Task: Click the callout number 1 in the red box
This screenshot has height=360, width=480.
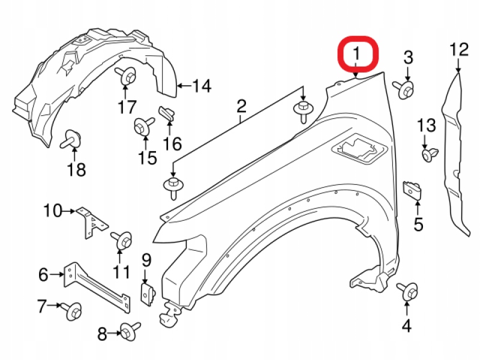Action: (357, 55)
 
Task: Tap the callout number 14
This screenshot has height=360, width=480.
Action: (202, 86)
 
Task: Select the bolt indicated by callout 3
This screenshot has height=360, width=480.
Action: (404, 88)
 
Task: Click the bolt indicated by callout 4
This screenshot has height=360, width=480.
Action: (408, 292)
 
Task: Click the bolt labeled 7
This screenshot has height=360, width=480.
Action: (72, 311)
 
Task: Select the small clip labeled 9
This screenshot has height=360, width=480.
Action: (147, 294)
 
